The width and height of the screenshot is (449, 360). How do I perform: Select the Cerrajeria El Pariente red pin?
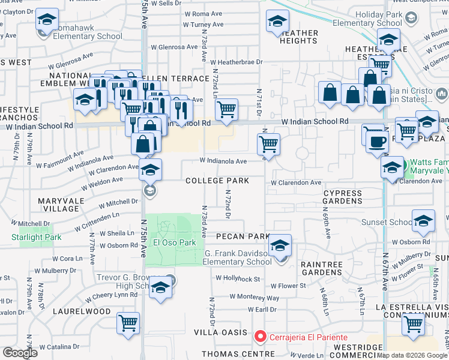(x=260, y=337)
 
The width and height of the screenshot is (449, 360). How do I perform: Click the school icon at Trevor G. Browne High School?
(x=160, y=288)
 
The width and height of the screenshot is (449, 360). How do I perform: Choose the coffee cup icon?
(x=376, y=142)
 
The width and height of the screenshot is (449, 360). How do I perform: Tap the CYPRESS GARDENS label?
(x=342, y=197)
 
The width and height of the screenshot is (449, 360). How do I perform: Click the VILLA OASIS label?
(x=220, y=332)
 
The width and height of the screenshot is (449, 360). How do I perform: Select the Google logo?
(x=20, y=353)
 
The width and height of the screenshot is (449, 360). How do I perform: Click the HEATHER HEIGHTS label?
(x=298, y=37)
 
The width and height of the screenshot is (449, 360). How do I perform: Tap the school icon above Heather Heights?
(x=277, y=21)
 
